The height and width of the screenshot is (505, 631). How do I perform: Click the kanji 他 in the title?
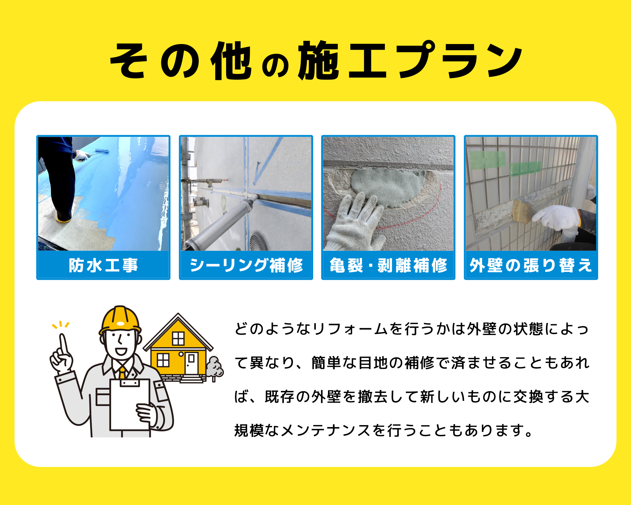(231, 61)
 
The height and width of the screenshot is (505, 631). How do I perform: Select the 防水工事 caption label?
(103, 265)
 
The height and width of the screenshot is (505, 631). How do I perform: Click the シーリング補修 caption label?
(246, 265)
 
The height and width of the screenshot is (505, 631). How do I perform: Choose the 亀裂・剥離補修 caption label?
(388, 265)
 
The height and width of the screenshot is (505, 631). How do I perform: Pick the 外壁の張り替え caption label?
(530, 265)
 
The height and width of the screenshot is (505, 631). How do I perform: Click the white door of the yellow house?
(191, 363)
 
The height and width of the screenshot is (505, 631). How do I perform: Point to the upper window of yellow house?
(178, 338)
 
